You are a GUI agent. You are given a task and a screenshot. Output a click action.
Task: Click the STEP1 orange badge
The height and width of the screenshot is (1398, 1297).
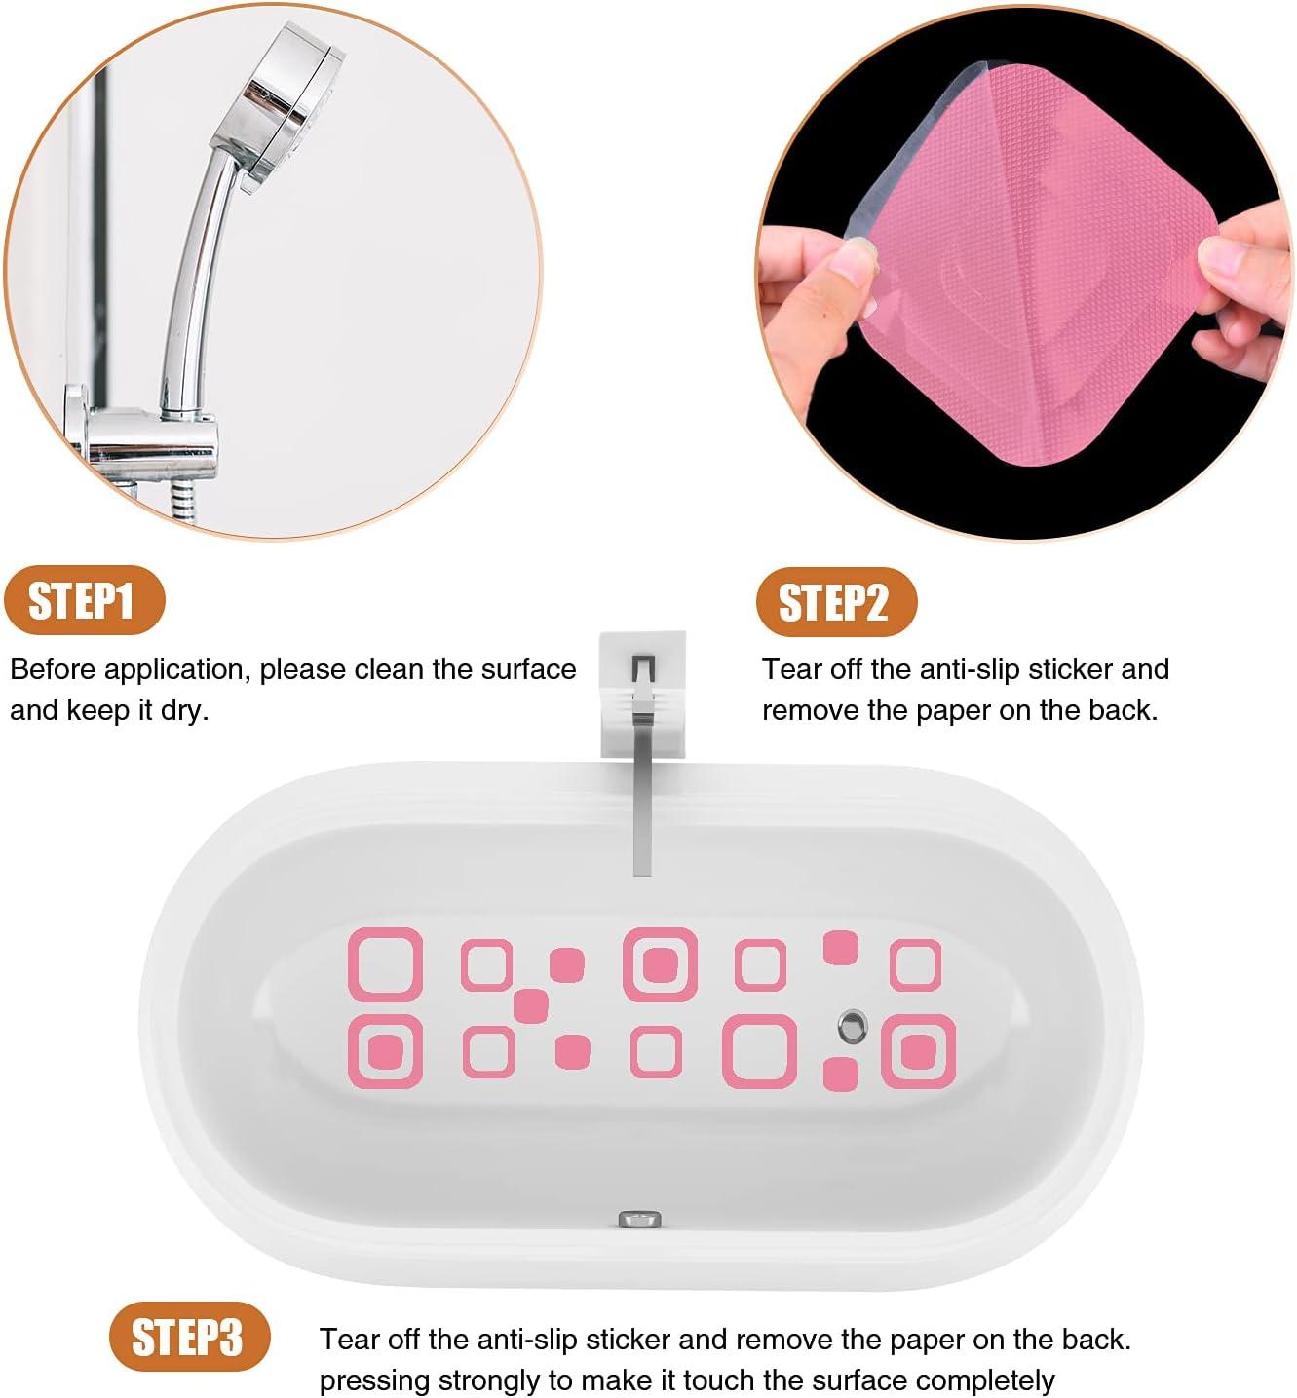(x=83, y=601)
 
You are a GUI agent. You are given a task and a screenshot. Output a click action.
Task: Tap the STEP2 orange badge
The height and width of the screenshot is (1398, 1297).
(x=835, y=603)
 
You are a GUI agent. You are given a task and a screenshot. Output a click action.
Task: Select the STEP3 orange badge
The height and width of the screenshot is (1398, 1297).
(x=187, y=1337)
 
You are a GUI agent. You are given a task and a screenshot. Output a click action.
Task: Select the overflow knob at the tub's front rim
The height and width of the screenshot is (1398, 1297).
(x=639, y=1219)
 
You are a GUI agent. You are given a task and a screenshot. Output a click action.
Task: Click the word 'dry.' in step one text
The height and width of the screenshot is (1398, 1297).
(x=184, y=711)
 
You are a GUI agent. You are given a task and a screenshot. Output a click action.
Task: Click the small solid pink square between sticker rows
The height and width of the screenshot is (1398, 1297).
(x=531, y=1005)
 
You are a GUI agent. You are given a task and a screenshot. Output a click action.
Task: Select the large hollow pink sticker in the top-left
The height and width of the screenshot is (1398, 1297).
(x=386, y=964)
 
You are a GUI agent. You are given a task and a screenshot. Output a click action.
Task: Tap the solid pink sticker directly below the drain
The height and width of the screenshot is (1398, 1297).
(x=840, y=1074)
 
